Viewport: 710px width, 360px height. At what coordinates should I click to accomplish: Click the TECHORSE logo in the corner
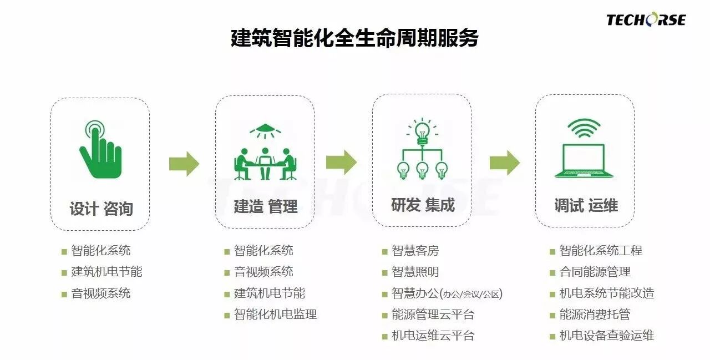pos(646,20)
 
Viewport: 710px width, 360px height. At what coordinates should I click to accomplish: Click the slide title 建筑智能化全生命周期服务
pos(354,39)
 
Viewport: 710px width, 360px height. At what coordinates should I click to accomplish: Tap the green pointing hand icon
pos(99,150)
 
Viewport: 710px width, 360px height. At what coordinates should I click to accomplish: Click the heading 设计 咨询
pos(100,209)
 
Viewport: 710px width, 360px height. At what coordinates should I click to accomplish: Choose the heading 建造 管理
pos(265,206)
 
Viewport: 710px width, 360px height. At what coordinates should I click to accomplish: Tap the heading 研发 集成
pos(422,205)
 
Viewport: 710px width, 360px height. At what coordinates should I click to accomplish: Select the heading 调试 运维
pos(586,205)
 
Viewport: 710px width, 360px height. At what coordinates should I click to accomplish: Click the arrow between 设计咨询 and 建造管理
pos(184,163)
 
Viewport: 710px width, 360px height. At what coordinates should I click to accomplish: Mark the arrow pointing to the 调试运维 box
pos(504,163)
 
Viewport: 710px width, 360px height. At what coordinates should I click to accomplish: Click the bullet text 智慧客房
pos(415,251)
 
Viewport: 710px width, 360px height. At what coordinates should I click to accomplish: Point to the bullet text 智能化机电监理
pos(275,315)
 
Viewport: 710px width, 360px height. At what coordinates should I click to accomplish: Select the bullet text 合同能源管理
pos(595,272)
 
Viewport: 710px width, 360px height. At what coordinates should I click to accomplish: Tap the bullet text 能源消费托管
pos(595,315)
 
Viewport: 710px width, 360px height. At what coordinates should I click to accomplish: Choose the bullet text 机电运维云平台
pos(433,336)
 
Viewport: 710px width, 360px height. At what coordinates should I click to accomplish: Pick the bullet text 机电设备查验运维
pos(606,336)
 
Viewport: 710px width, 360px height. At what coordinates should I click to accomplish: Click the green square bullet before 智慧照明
pos(384,273)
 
